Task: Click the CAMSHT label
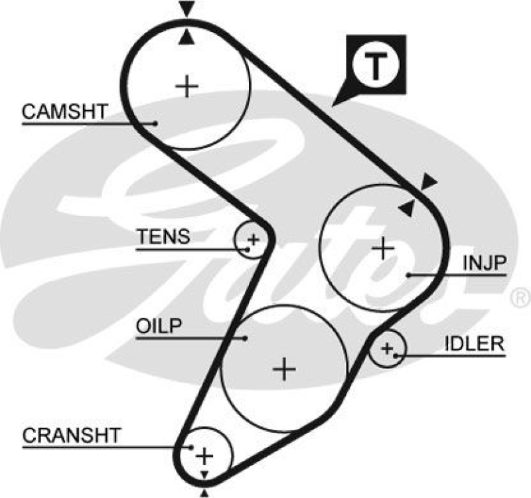pos(64,112)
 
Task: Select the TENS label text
pos(163,236)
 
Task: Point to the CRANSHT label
pos(72,436)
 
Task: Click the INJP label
pos(485,264)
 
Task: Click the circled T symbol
pos(376,65)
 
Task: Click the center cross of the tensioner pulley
pos(252,238)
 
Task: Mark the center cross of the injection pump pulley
pos(383,248)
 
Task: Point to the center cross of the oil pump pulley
pos(284,368)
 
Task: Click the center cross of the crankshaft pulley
pos(205,456)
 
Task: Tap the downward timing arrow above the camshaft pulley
pos(188,9)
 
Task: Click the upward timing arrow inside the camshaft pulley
pos(188,38)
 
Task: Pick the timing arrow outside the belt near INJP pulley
pos(429,180)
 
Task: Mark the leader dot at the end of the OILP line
pos(245,337)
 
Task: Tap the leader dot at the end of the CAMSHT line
pos(155,123)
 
